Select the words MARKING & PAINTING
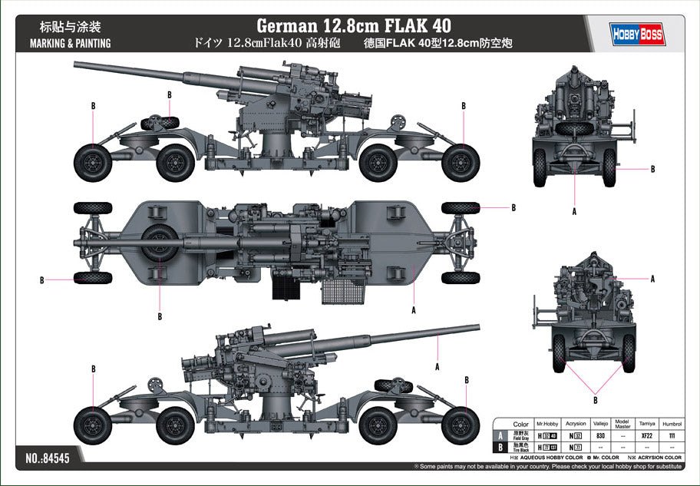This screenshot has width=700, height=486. pyautogui.click(x=70, y=43)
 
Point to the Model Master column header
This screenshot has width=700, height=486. pyautogui.click(x=623, y=423)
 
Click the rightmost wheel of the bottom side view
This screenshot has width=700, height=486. pyautogui.click(x=461, y=425)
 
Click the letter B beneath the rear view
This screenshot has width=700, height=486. pyautogui.click(x=595, y=399)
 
